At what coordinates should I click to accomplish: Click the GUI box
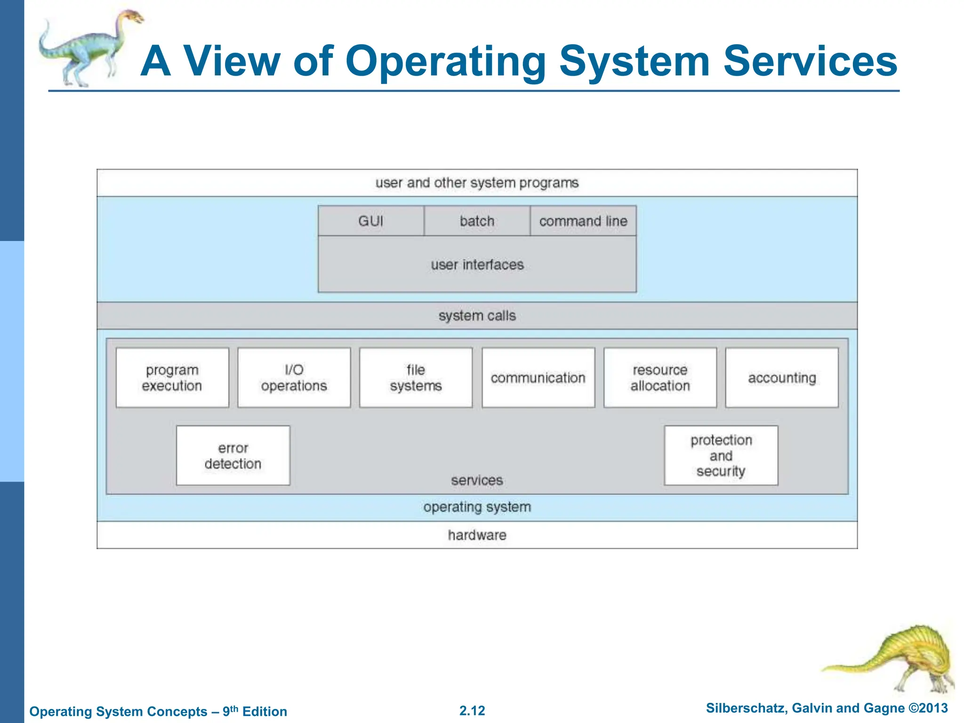click(371, 221)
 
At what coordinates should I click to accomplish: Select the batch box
click(477, 221)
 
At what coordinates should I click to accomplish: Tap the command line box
click(583, 221)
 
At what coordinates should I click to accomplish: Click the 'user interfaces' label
click(477, 265)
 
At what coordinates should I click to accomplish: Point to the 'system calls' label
click(477, 315)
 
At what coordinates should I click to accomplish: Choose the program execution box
click(172, 378)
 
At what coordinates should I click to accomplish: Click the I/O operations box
click(294, 378)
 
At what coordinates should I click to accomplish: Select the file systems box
click(416, 378)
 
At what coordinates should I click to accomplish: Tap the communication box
click(538, 378)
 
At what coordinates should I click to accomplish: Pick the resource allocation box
click(660, 378)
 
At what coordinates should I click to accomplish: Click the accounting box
click(782, 378)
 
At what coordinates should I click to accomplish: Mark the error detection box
click(233, 456)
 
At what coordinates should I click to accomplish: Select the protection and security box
click(721, 456)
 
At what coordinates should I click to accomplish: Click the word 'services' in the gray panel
click(477, 480)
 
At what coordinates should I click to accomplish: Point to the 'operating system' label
click(477, 507)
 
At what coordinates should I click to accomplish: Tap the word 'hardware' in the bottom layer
click(477, 535)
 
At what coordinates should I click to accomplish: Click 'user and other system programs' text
click(477, 183)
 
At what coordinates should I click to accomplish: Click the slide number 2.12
click(472, 711)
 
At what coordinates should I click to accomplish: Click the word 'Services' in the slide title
click(810, 61)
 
